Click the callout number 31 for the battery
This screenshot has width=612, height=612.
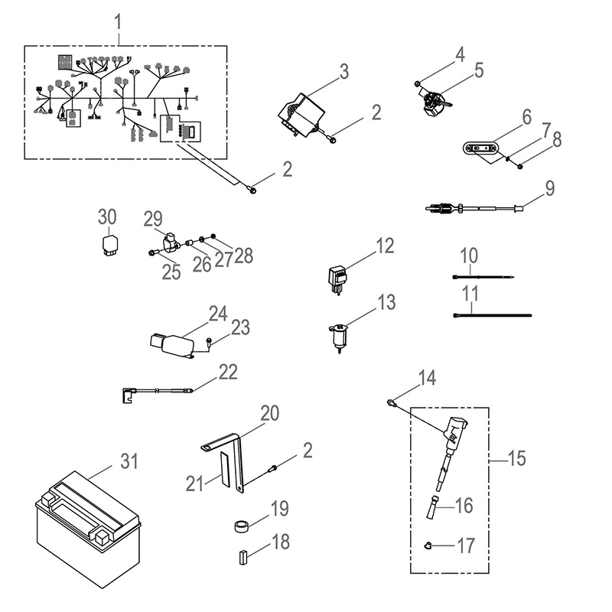pyautogui.click(x=131, y=461)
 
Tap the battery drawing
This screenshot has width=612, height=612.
pyautogui.click(x=88, y=527)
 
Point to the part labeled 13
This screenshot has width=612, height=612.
pyautogui.click(x=336, y=336)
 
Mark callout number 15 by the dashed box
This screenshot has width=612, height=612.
pyautogui.click(x=517, y=459)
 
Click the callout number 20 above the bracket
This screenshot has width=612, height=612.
pyautogui.click(x=269, y=414)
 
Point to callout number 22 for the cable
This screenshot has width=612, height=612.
pyautogui.click(x=228, y=372)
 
